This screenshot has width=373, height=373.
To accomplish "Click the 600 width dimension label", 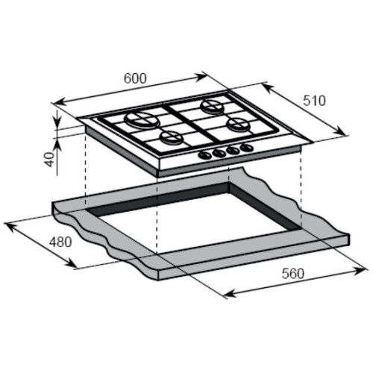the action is [135, 78].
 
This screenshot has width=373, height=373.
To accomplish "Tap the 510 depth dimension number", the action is [314, 101].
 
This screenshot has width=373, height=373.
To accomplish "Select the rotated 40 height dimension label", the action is [50, 159].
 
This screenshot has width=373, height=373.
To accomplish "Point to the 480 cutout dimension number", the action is [60, 242].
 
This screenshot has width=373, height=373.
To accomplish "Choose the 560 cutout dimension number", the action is [293, 274].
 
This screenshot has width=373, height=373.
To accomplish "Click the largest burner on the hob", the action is [140, 119].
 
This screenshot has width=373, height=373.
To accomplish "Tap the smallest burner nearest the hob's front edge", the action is [171, 138].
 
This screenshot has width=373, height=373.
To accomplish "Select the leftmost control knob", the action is [204, 155].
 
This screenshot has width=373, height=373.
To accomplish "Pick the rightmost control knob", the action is [246, 148].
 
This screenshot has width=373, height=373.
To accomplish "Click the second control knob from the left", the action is [219, 153].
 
